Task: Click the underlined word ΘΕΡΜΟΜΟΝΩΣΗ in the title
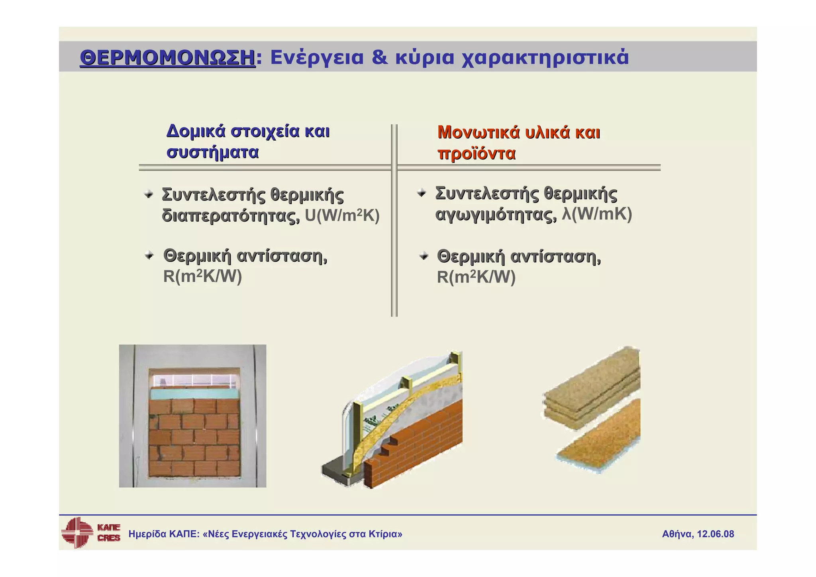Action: (x=167, y=58)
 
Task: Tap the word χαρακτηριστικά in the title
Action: (x=545, y=58)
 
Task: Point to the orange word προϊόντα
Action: (x=476, y=153)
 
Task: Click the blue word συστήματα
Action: (x=212, y=152)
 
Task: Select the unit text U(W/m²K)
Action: (x=342, y=216)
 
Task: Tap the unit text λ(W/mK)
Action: (x=596, y=214)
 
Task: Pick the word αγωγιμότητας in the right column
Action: (x=496, y=215)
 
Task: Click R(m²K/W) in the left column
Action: (x=202, y=277)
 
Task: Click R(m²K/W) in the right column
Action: (x=476, y=277)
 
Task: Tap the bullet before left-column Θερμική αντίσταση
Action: (x=149, y=255)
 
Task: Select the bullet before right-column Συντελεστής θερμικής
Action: (x=422, y=193)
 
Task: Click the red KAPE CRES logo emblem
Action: (x=76, y=532)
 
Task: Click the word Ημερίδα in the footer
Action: (x=147, y=534)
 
